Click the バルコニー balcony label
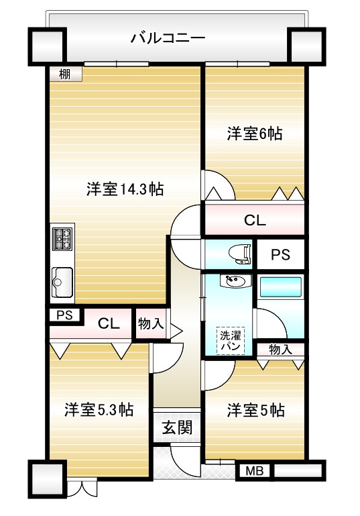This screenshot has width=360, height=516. click(168, 38)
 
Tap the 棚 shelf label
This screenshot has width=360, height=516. click(65, 74)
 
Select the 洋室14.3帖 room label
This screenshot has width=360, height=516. click(125, 189)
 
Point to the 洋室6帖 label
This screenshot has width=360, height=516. click(255, 134)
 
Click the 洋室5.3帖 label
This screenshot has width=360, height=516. click(99, 410)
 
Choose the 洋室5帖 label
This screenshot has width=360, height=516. click(255, 411)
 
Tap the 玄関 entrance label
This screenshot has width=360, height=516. click(177, 428)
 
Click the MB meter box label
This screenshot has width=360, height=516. click(255, 471)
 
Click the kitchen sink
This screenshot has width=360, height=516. click(62, 282)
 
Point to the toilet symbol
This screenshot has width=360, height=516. click(240, 254)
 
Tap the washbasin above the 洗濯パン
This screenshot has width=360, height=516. click(235, 281)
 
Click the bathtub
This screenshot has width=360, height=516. click(281, 287)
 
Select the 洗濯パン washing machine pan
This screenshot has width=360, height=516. click(231, 341)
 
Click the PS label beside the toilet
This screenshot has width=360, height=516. click(280, 255)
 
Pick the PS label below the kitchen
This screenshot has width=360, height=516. click(64, 315)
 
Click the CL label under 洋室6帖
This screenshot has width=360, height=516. click(255, 220)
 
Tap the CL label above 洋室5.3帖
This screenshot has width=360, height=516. click(109, 324)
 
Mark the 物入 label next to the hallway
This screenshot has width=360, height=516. click(151, 323)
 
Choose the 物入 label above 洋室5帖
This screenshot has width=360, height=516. click(280, 350)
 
